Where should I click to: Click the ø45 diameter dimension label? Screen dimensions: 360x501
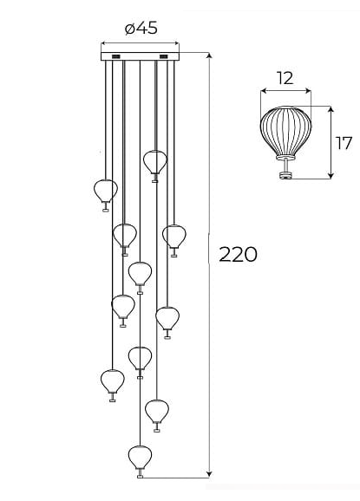click(x=141, y=28)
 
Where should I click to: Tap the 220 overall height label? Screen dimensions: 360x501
click(x=238, y=255)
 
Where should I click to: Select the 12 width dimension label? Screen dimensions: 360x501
click(x=285, y=78)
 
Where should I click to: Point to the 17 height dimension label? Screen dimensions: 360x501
click(x=344, y=143)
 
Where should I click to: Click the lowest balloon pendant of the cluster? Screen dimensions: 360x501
click(x=140, y=461)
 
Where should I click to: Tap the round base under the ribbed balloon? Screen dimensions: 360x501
click(x=285, y=175)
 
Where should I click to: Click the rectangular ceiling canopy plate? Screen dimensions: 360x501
click(x=140, y=56)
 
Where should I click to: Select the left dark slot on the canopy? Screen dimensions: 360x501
click(x=115, y=56)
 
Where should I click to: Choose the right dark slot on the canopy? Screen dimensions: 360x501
click(x=163, y=56)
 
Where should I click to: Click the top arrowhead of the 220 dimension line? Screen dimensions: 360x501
click(x=209, y=55)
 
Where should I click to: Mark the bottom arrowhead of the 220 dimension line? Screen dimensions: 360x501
click(x=209, y=474)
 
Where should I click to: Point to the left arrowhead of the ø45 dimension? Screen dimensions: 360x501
click(x=104, y=43)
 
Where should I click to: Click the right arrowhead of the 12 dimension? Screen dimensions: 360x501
click(x=308, y=91)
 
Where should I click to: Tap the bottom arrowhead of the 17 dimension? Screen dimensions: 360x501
click(x=331, y=175)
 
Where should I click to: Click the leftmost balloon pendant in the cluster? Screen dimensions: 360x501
click(x=106, y=195)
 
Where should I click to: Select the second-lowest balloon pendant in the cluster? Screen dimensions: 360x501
click(x=157, y=415)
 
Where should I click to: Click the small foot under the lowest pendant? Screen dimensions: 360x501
click(x=140, y=477)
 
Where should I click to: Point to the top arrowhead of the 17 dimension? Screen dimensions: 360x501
click(x=331, y=110)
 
